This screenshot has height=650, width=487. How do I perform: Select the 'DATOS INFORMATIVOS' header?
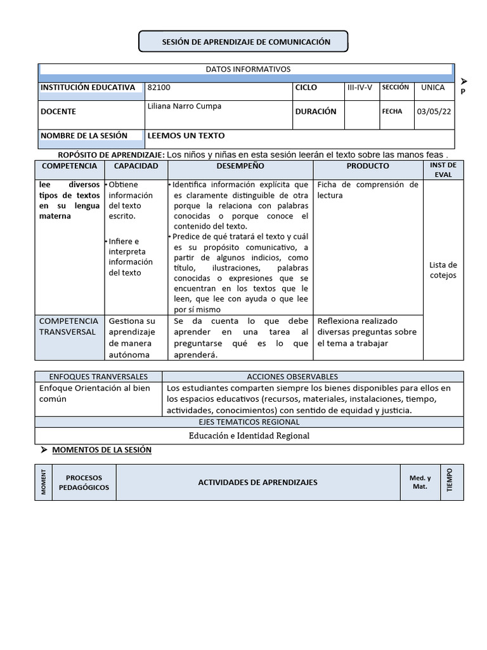pyautogui.click(x=248, y=69)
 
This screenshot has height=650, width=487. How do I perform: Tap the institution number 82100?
pyautogui.click(x=159, y=88)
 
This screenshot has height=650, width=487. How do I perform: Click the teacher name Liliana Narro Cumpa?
pyautogui.click(x=185, y=107)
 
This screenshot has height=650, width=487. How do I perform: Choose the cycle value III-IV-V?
pyautogui.click(x=360, y=88)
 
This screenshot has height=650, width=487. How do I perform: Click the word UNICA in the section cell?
pyautogui.click(x=433, y=88)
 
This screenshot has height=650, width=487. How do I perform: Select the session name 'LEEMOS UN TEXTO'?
pyautogui.click(x=186, y=136)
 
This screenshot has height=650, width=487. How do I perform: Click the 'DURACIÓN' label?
pyautogui.click(x=316, y=112)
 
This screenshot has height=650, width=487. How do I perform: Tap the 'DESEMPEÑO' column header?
pyautogui.click(x=240, y=166)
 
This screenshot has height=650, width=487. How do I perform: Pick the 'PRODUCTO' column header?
pyautogui.click(x=368, y=166)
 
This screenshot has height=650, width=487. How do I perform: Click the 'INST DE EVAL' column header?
pyautogui.click(x=443, y=169)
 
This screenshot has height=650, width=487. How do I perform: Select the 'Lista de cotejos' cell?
pyautogui.click(x=443, y=270)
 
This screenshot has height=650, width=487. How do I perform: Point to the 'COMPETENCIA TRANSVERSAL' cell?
pyautogui.click(x=68, y=326)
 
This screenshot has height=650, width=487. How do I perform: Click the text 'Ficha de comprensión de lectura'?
pyautogui.click(x=368, y=190)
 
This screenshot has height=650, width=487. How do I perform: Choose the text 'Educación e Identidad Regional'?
pyautogui.click(x=249, y=435)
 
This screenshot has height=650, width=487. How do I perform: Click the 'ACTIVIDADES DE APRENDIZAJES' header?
pyautogui.click(x=257, y=482)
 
